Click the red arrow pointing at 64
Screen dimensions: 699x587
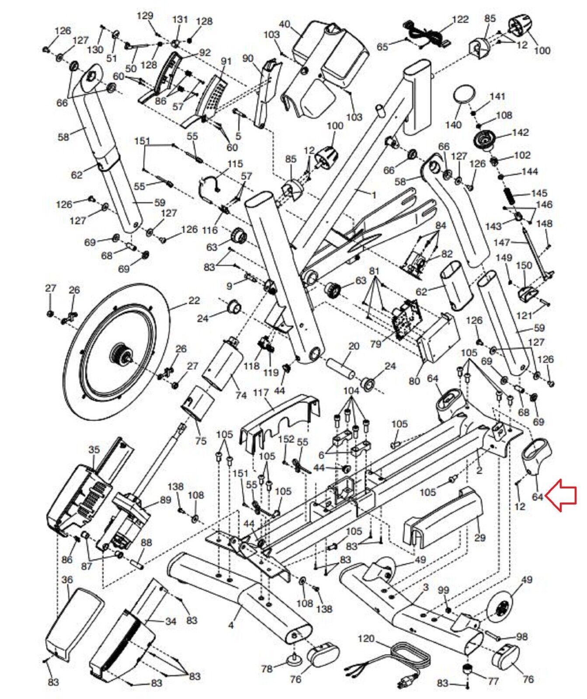coord(564,495)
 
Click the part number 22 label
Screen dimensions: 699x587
coord(194,301)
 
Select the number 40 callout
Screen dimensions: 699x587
coord(284,24)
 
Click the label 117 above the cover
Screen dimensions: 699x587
coord(261,393)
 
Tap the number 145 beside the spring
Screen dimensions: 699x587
coord(539,193)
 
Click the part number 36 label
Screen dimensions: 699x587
coord(67,580)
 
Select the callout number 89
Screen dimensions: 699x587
coord(166,500)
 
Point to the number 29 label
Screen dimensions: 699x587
coord(480,537)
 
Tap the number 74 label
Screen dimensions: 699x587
coord(241,395)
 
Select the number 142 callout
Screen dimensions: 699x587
coord(520,132)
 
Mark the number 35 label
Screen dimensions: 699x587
coord(94,449)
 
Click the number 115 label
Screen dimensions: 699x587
coord(235,164)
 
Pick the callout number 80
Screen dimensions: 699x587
coord(414,381)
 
